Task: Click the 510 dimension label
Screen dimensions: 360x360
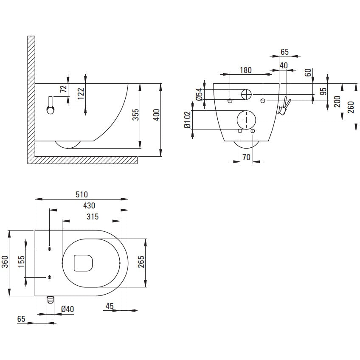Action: [82, 194]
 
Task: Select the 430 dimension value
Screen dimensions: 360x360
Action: [89, 205]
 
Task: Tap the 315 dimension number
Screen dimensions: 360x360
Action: [93, 217]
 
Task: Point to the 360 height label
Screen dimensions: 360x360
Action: [5, 262]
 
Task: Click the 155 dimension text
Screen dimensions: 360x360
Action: [21, 262]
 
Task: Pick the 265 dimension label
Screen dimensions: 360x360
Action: [141, 262]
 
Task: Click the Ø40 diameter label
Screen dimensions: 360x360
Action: [67, 309]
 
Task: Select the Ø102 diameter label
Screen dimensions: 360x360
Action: [188, 120]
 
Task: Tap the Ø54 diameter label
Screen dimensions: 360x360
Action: [199, 94]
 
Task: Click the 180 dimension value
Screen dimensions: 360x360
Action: [246, 70]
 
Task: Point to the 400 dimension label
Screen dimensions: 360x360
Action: [157, 115]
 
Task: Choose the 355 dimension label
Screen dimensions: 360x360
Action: [136, 115]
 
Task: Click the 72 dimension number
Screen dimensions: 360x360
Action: [63, 89]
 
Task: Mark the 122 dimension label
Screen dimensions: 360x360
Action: [81, 94]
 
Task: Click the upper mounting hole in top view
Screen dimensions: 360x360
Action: [50, 249]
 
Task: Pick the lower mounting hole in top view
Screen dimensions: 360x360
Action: [50, 277]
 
